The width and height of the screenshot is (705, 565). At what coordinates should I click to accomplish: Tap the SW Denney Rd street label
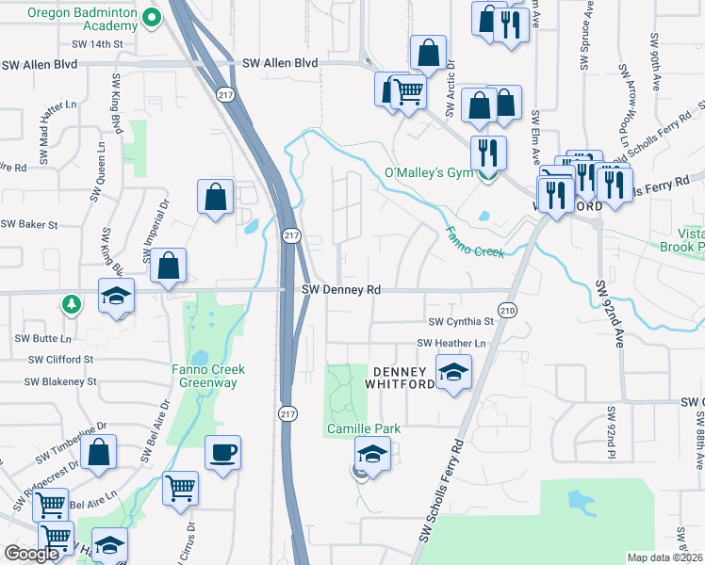(x=341, y=291)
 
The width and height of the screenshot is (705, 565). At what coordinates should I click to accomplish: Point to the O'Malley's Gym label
(x=429, y=173)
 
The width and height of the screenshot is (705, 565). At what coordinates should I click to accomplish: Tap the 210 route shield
(x=507, y=310)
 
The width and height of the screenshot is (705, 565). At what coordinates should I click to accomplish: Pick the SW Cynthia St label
(x=461, y=321)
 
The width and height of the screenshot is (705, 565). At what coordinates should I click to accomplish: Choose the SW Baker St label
(x=29, y=225)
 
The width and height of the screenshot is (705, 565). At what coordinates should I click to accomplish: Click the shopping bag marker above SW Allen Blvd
(x=428, y=55)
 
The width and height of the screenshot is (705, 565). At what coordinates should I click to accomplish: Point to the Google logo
(x=31, y=554)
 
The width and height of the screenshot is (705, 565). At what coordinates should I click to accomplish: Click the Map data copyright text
(x=665, y=557)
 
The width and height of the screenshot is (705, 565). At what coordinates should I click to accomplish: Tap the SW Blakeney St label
(x=60, y=381)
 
